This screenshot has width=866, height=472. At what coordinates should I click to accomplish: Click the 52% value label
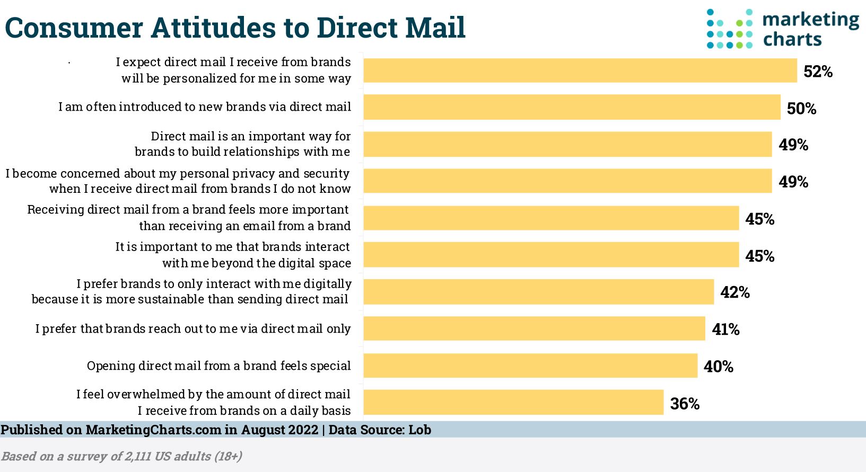(x=818, y=72)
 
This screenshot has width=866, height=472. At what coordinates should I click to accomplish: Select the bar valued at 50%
(x=572, y=108)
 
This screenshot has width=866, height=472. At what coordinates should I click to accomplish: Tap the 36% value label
(x=685, y=404)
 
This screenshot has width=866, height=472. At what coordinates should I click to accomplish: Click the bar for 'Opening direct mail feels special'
(x=530, y=366)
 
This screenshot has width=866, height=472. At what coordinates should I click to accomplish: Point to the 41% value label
(x=725, y=329)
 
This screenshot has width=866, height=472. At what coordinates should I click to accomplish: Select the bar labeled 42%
(x=538, y=292)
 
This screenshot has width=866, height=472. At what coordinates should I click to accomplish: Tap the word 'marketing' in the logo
(x=810, y=20)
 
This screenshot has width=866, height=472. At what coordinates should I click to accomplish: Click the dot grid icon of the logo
(x=730, y=29)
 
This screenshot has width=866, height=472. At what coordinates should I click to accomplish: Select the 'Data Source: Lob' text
(x=380, y=430)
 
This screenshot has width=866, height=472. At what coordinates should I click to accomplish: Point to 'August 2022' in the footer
(x=279, y=430)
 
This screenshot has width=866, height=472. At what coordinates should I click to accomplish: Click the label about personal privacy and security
(x=178, y=181)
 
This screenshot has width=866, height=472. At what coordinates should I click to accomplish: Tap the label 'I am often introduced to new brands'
(x=205, y=107)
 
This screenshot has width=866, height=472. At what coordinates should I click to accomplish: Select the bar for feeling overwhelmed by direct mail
(x=513, y=403)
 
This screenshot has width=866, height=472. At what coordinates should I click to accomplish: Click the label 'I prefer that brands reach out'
(x=193, y=329)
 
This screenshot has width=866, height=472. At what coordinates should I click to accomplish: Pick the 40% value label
(x=718, y=367)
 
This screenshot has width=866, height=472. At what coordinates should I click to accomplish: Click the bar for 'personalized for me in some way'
(x=580, y=70)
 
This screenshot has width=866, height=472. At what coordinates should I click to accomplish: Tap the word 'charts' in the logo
(x=792, y=40)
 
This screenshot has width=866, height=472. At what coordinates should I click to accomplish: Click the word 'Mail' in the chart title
(x=434, y=28)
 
